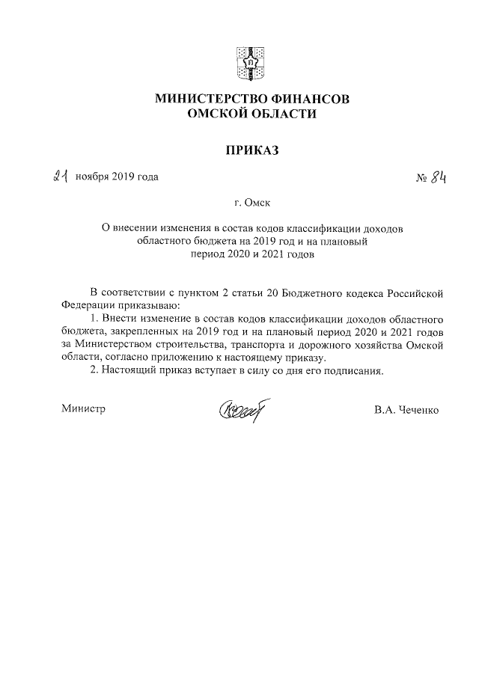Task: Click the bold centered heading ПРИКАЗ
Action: coord(251,151)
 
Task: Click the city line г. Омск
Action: coord(252,202)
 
